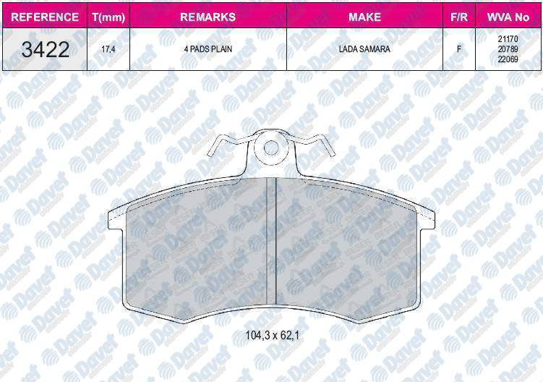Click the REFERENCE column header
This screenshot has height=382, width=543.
click(x=45, y=17)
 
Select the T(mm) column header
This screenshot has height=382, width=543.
click(x=108, y=17)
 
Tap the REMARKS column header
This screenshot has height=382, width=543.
click(x=208, y=17)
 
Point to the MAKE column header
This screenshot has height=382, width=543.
click(x=364, y=17)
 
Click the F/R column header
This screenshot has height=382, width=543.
click(x=459, y=17)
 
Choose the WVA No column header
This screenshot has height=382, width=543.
click(x=508, y=17)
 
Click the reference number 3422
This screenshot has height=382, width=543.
click(x=46, y=49)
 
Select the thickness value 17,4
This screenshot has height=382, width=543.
click(x=108, y=49)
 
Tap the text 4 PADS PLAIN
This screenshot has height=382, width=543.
click(x=208, y=49)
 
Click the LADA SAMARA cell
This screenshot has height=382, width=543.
click(x=364, y=49)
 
